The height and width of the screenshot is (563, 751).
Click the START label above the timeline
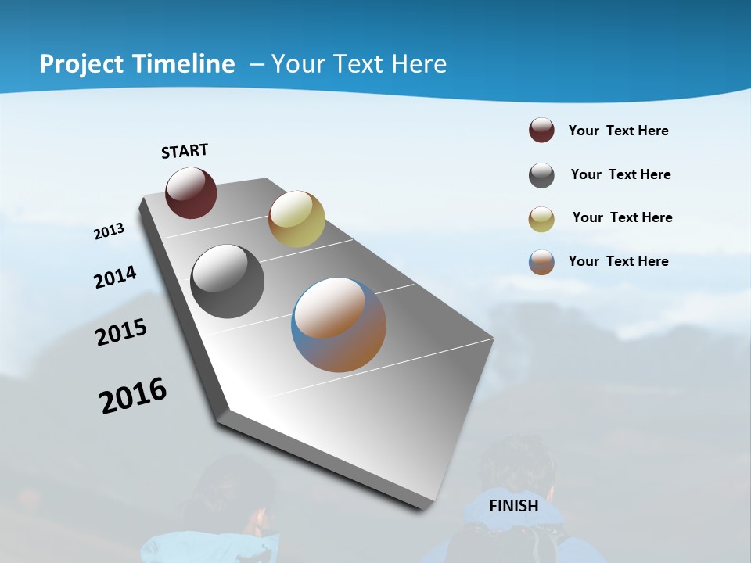click(185, 150)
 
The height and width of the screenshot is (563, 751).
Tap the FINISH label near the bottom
click(514, 505)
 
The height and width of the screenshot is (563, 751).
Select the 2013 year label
click(109, 231)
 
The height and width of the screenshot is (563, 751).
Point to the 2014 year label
click(115, 277)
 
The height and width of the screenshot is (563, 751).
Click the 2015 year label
click(121, 332)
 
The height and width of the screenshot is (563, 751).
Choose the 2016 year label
click(133, 395)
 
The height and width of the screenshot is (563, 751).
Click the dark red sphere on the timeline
click(191, 192)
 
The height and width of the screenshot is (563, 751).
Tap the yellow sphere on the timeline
click(296, 219)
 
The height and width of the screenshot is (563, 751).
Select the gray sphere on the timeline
click(228, 281)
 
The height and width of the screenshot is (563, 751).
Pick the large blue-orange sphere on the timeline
click(339, 325)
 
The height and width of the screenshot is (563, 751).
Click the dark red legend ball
click(541, 130)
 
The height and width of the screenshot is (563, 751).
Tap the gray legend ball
click(541, 175)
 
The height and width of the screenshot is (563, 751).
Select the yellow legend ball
click(541, 219)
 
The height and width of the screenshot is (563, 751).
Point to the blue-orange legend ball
click(541, 262)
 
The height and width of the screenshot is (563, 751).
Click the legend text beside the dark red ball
click(618, 131)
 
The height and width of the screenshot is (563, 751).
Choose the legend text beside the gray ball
click(620, 174)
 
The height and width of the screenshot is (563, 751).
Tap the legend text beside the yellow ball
click(622, 217)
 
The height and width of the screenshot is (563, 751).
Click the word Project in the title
click(82, 64)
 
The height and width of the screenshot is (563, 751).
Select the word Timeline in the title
click(185, 64)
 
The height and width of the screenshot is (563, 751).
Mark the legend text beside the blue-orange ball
click(618, 261)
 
